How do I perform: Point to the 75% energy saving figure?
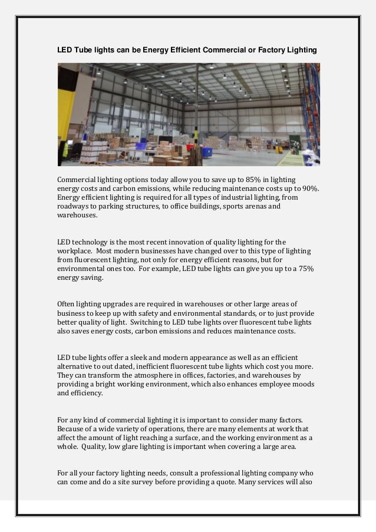(x=305, y=269)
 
